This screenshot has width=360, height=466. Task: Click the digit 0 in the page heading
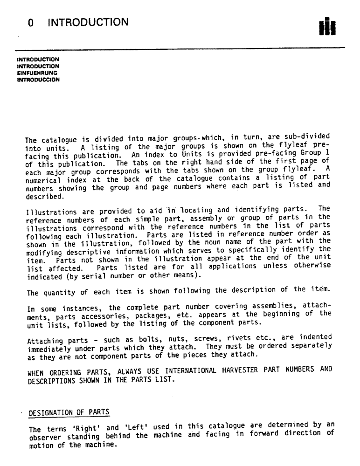31,22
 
